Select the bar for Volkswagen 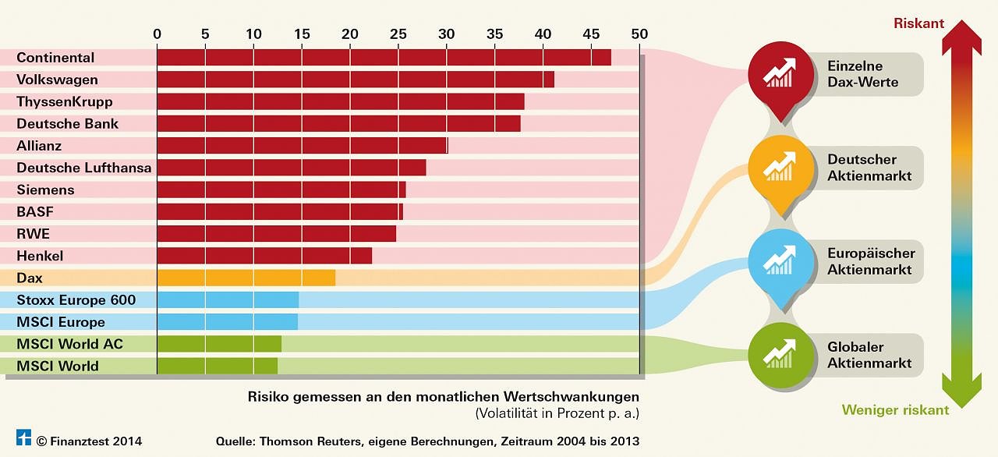[356, 80]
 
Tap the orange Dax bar [246, 278]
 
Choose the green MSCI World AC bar [219, 344]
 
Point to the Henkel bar [264, 256]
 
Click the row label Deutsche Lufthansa [84, 168]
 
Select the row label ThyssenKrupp [65, 101]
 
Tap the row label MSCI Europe [61, 322]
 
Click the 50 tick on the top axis [639, 34]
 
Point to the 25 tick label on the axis [398, 34]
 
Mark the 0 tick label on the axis [157, 34]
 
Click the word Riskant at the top [918, 23]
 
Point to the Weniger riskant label [895, 410]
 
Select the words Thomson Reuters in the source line [303, 441]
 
